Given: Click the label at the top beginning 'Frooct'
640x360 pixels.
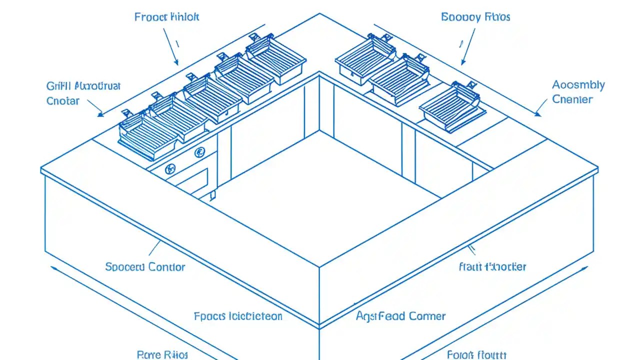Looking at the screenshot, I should [x=166, y=17].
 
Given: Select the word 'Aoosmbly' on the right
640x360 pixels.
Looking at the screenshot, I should [x=578, y=85].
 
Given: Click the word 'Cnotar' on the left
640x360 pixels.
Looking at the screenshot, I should [x=63, y=101].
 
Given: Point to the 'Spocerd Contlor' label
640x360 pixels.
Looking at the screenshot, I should [x=145, y=267].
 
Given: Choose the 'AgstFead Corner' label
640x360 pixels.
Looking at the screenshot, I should [x=400, y=316].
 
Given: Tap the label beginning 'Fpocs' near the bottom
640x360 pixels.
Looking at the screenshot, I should [x=238, y=316].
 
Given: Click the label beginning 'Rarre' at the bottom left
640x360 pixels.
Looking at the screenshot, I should [x=162, y=354].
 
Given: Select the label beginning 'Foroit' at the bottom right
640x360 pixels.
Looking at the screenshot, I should [x=477, y=354].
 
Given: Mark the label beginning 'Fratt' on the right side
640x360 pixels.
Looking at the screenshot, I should [x=492, y=266].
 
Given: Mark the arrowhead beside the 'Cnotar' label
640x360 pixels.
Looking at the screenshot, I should [x=100, y=114].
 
